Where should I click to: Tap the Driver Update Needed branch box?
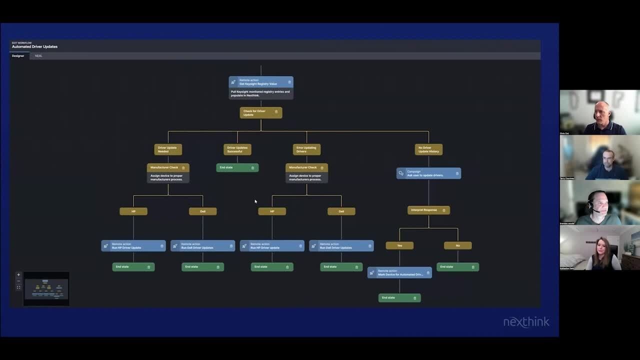click(x=168, y=149)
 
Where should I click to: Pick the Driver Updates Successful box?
click(x=237, y=149)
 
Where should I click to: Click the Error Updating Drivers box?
click(x=306, y=149)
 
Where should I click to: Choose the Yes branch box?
click(x=399, y=245)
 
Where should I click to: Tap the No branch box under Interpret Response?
click(x=457, y=245)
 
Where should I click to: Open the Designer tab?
click(x=18, y=56)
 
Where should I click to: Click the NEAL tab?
click(x=38, y=56)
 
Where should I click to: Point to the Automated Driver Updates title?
click(x=35, y=47)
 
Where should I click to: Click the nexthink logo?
click(x=526, y=322)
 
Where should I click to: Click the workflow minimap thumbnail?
click(x=46, y=288)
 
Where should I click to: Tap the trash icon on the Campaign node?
click(x=457, y=173)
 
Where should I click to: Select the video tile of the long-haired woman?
click(x=599, y=248)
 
